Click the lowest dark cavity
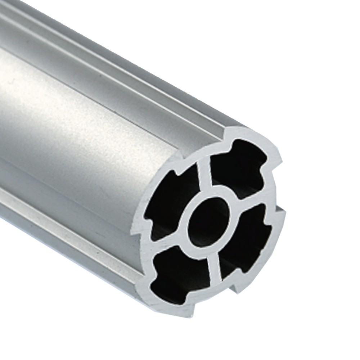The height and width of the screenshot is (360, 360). click(180, 274)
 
